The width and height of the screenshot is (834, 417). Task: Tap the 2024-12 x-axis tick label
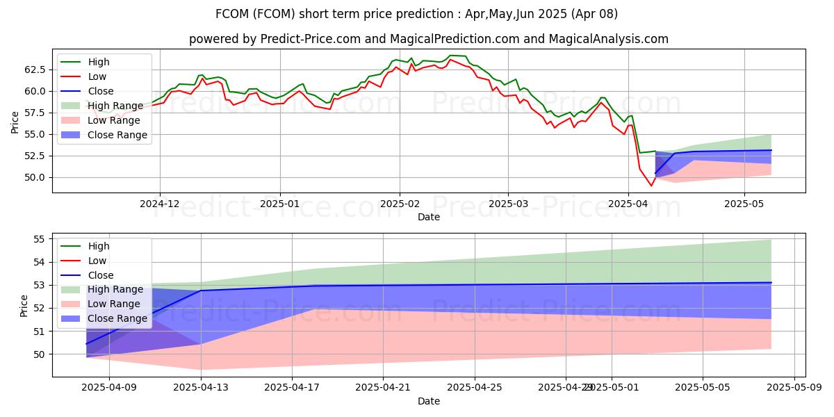coord(160,204)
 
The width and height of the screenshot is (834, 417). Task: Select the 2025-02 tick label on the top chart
coord(400,204)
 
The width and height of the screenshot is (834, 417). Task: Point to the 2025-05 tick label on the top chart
coord(744,204)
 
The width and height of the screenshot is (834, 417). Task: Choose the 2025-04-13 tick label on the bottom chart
coord(201,388)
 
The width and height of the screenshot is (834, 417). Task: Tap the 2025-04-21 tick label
coord(384,388)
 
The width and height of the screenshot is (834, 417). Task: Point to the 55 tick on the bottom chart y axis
coord(40,239)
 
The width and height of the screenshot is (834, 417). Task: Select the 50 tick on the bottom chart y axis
coord(40,354)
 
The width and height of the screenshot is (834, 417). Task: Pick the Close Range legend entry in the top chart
coord(117,135)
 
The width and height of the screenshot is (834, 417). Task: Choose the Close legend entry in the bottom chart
coord(100,275)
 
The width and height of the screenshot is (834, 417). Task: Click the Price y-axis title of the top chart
coord(15,123)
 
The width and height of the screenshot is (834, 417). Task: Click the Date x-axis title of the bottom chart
coord(429,402)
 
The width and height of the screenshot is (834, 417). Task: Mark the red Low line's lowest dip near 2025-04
coord(651,186)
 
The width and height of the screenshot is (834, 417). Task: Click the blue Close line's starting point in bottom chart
coord(86,344)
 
